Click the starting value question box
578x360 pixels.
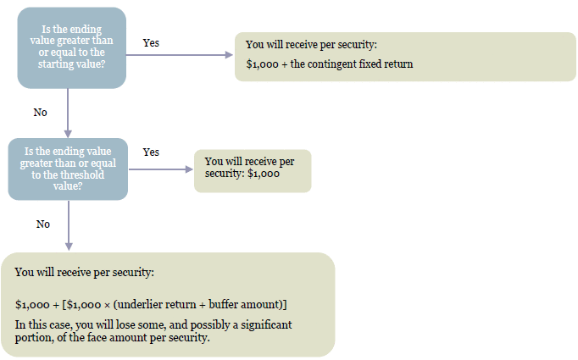coord(71,48)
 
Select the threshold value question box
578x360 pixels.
coord(68,169)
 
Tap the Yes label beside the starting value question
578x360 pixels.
coord(151,42)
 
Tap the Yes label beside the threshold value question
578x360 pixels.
coord(151,152)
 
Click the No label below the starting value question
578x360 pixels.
coord(40,113)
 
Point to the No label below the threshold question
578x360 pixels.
coord(42,224)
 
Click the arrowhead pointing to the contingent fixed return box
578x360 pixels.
coord(229,55)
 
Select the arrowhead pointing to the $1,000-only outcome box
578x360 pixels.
coord(189,169)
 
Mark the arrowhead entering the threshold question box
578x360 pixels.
coord(68,133)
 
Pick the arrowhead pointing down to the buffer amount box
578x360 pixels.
coord(69,246)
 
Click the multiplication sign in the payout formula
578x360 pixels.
coord(107,306)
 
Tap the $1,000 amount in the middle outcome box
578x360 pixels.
coord(264,174)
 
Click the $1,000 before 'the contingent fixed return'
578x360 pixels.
coord(262,64)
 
